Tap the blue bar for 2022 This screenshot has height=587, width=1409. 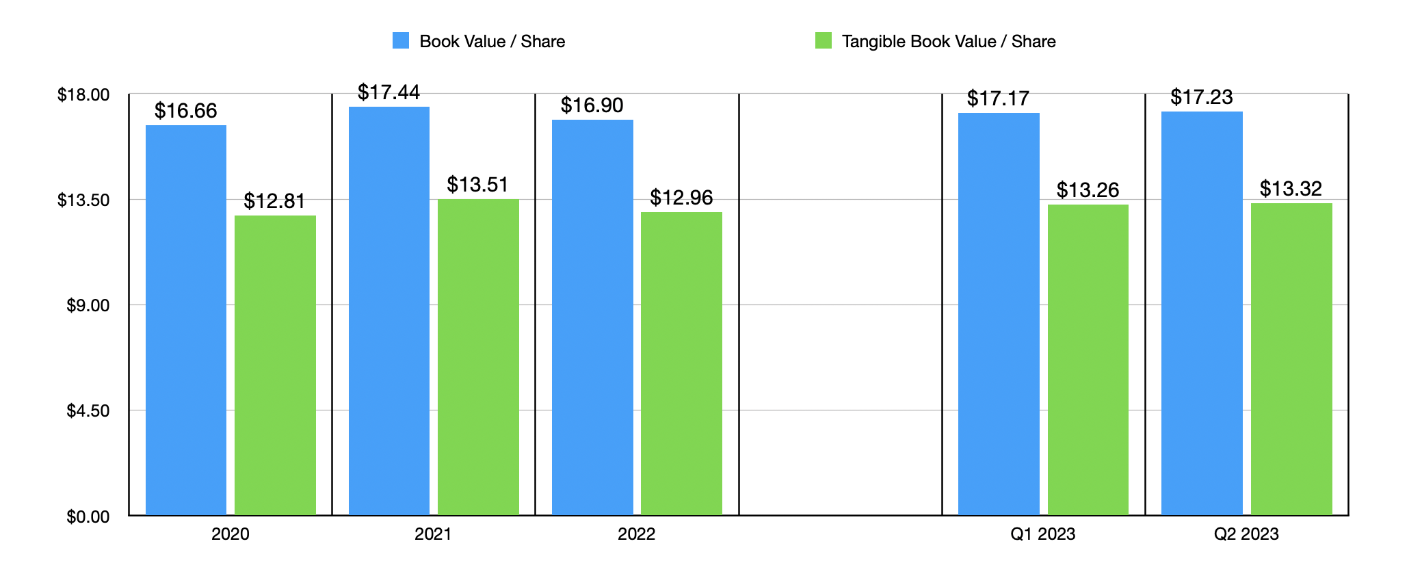[x=592, y=317]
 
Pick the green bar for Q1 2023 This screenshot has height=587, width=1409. [x=1088, y=360]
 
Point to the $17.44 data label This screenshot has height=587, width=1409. [x=389, y=92]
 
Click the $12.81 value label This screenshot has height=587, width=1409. [x=274, y=201]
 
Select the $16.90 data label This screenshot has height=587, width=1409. [x=592, y=105]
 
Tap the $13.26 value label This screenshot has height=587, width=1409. [x=1088, y=190]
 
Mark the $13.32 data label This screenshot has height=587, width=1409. [x=1291, y=189]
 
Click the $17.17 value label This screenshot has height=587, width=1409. [x=998, y=99]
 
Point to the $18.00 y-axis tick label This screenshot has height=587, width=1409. [x=83, y=94]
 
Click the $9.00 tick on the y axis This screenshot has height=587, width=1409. [x=88, y=305]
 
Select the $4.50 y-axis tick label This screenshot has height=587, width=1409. [x=88, y=410]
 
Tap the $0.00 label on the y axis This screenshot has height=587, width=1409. [x=88, y=517]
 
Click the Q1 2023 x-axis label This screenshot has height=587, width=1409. [x=1042, y=534]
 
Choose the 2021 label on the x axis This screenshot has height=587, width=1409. [x=433, y=534]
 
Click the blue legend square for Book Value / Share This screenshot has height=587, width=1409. [x=401, y=41]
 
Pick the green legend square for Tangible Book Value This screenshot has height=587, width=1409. [x=824, y=41]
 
